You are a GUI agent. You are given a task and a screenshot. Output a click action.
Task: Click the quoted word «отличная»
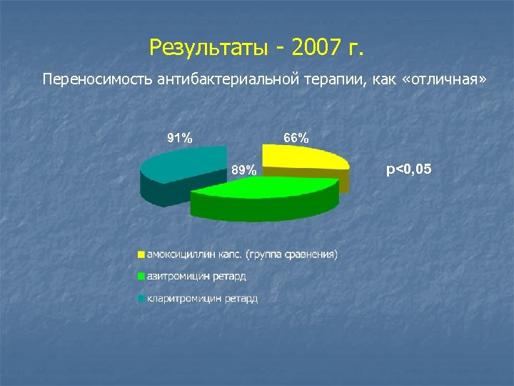tap(445, 78)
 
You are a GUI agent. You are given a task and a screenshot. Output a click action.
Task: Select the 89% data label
tap(243, 170)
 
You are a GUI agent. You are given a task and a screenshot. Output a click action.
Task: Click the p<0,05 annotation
tap(408, 169)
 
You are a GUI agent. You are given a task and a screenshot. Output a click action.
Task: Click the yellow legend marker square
tap(141, 254)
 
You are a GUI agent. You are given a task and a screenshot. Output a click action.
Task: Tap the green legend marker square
tap(141, 276)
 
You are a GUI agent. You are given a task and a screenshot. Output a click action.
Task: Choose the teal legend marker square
tap(141, 298)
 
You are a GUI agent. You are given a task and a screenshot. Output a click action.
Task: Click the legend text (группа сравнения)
tap(292, 254)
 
